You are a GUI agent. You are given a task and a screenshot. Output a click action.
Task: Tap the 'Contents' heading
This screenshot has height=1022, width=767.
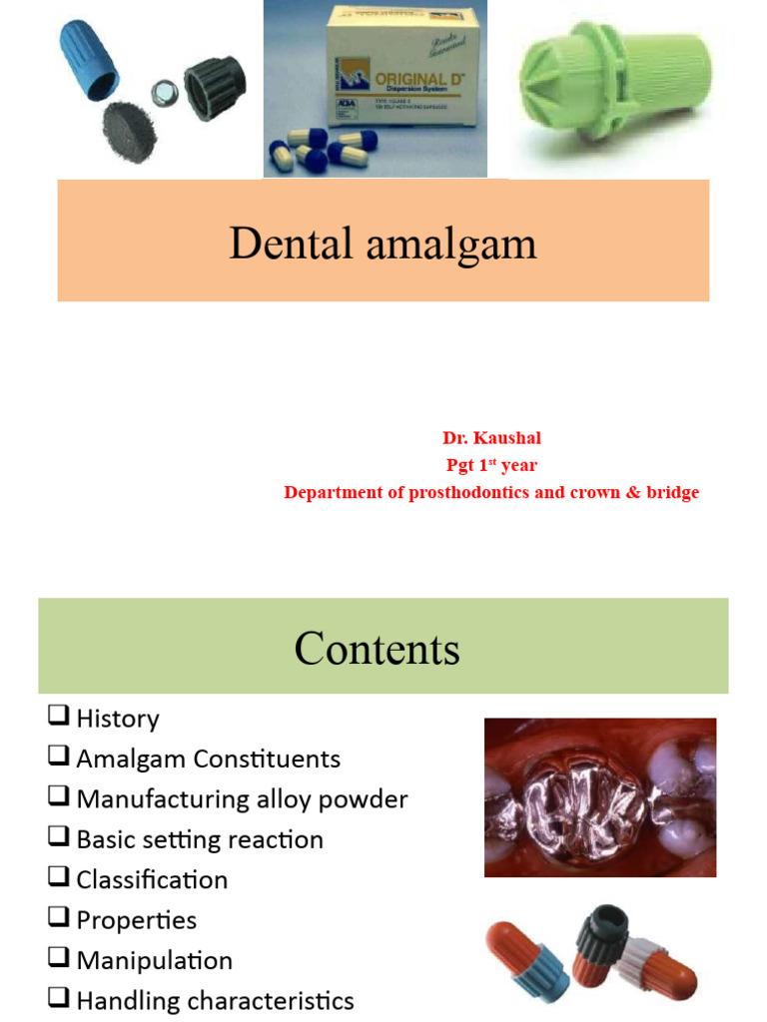pos(377,649)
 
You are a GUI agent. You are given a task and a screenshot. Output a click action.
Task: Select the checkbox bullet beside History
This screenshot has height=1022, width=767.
pos(57,716)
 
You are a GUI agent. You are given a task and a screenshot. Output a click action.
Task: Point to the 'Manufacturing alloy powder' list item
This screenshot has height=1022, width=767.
pos(242,799)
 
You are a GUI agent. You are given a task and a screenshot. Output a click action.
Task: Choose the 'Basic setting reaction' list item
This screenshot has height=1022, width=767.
pos(200,839)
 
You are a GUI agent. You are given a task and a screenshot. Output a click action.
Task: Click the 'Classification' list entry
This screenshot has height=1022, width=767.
pos(152,879)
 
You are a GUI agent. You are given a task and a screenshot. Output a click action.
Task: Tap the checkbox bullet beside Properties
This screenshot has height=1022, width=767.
pos(57,918)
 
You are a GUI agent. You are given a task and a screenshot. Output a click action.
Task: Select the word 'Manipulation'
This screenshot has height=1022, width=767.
pos(154,960)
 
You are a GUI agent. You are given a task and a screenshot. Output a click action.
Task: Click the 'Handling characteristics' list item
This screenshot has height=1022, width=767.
pos(215,1000)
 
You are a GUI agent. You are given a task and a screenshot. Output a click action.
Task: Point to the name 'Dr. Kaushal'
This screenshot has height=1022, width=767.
pos(491,437)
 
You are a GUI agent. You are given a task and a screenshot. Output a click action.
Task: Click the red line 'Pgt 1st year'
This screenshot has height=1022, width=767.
pos(491,464)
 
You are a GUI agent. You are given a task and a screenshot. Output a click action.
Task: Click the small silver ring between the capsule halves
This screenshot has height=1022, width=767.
pos(162,92)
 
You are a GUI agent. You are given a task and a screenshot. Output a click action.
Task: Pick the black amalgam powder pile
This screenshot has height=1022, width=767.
pos(127,131)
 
